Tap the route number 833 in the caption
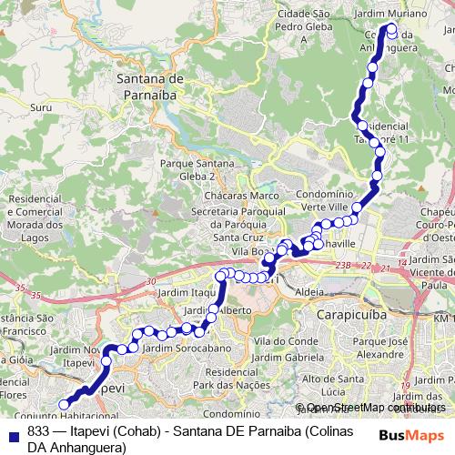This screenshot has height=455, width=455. [39, 432]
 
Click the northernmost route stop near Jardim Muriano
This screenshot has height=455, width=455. [392, 28]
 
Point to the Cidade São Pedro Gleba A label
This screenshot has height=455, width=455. [303, 27]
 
